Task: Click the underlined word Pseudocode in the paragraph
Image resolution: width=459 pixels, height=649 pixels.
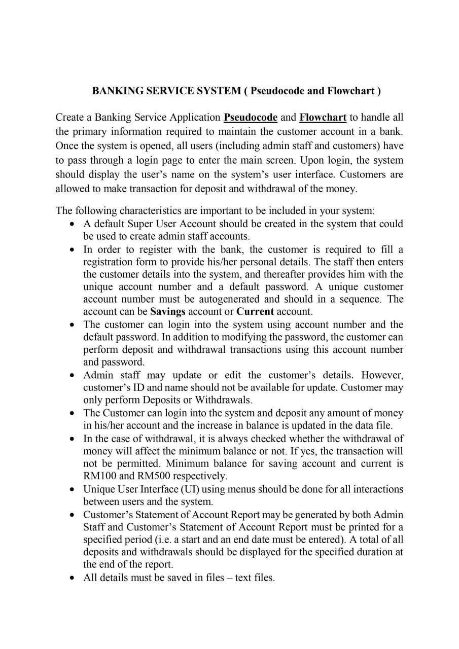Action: click(251, 118)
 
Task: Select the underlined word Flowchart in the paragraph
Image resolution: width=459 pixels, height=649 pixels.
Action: click(323, 118)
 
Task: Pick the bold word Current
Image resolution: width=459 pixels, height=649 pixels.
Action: click(255, 311)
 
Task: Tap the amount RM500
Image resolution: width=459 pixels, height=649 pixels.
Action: click(157, 476)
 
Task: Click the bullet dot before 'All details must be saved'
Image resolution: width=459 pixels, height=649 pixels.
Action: click(73, 578)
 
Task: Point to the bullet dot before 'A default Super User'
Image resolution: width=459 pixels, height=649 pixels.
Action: click(73, 224)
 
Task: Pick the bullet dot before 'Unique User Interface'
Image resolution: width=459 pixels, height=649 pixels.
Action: click(73, 490)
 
